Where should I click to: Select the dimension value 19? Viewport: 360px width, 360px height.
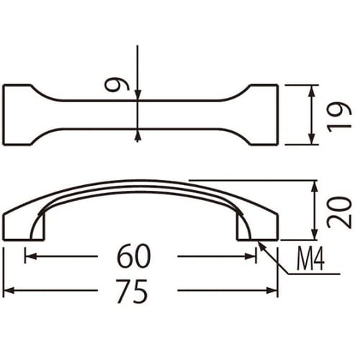click(338, 115)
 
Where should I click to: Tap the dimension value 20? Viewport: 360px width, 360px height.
click(338, 212)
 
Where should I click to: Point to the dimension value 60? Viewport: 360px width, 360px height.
click(134, 255)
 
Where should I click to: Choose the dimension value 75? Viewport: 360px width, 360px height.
click(134, 291)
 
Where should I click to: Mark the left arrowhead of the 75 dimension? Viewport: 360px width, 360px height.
click(9, 291)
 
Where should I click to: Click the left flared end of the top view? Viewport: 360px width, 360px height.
click(18, 115)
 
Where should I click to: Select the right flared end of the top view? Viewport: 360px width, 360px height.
click(263, 115)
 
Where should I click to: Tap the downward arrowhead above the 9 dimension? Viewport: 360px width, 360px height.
click(138, 94)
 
